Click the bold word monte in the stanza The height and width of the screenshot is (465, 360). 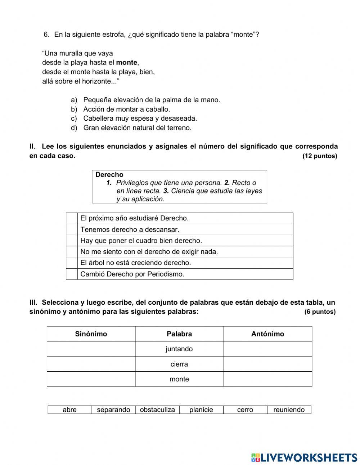pyautogui.click(x=127, y=62)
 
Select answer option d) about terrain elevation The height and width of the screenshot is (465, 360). pyautogui.click(x=137, y=128)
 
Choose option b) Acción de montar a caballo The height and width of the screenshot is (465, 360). pyautogui.click(x=126, y=109)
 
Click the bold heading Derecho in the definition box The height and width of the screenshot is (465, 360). pyautogui.click(x=109, y=175)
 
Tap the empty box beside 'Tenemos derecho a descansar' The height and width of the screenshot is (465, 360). pyautogui.click(x=72, y=229)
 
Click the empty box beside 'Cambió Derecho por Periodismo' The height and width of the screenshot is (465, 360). pyautogui.click(x=72, y=274)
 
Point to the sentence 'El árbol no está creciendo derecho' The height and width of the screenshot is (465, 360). pyautogui.click(x=136, y=263)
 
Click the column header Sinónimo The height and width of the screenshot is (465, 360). pyautogui.click(x=91, y=334)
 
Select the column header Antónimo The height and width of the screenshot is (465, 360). pyautogui.click(x=267, y=334)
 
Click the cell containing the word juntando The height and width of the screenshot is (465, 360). pyautogui.click(x=179, y=349)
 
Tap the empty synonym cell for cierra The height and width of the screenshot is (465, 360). pyautogui.click(x=91, y=364)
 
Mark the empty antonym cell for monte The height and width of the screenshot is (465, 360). pyautogui.click(x=267, y=379)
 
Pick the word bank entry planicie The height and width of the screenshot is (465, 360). pyautogui.click(x=201, y=410)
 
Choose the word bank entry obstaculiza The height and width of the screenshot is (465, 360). pyautogui.click(x=157, y=410)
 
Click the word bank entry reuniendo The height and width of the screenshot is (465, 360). pyautogui.click(x=289, y=410)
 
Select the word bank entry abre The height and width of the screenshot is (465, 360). pyautogui.click(x=69, y=410)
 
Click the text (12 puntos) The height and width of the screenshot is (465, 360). pyautogui.click(x=320, y=156)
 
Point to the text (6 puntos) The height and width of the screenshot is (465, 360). pyautogui.click(x=320, y=312)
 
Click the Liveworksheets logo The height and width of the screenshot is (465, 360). pyautogui.click(x=304, y=457)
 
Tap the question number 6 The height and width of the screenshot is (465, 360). pyautogui.click(x=46, y=35)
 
